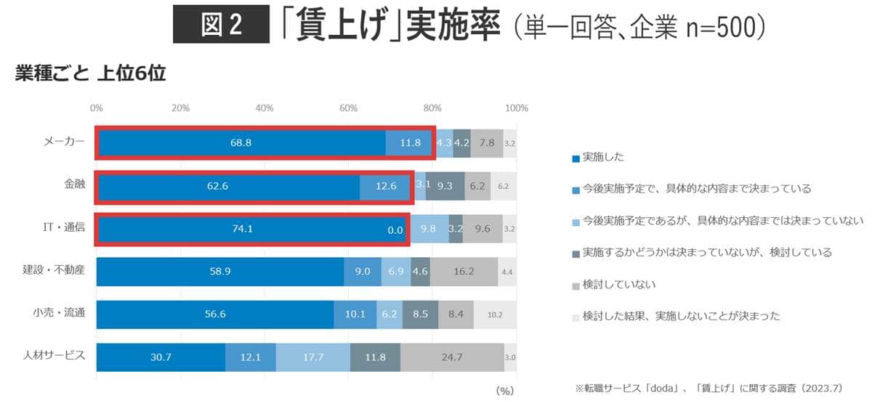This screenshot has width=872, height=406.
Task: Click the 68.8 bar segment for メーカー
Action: point(241,143)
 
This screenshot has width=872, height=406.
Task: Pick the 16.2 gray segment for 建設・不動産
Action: point(464,272)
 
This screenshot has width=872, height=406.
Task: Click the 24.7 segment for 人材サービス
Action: point(452,357)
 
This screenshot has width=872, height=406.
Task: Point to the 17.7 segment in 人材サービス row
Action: point(313,357)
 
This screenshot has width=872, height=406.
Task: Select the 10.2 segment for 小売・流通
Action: point(495,314)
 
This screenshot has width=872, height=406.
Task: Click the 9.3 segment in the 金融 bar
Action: point(445,186)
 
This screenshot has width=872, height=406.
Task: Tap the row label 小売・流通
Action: point(64,314)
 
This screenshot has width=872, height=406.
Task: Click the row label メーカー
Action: point(64,142)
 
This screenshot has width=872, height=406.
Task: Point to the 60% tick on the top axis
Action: point(349,108)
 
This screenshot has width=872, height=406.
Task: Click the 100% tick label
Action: point(516,108)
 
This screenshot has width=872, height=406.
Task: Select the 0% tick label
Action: point(96,108)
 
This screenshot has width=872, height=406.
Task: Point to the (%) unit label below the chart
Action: point(505,390)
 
